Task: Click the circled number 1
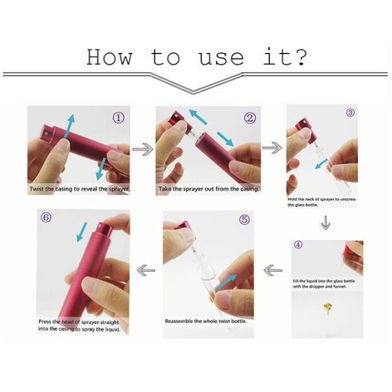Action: coord(118,118)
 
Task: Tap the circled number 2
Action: coord(250,118)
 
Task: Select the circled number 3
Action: coord(350,113)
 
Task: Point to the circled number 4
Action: coord(298,244)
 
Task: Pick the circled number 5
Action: coord(244,220)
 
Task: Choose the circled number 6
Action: coord(46,218)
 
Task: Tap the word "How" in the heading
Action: coord(108,57)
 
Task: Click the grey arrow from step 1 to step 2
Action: coord(143,149)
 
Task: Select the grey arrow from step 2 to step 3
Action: coord(272,148)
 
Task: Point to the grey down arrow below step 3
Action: coord(325,222)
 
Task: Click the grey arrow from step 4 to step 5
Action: coord(272,270)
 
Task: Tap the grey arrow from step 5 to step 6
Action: coord(146,270)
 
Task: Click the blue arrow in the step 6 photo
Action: coord(82,232)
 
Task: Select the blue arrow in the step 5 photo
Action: coord(226,282)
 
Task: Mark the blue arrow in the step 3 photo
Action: coord(321,164)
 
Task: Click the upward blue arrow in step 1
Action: coord(69,126)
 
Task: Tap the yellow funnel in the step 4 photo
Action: coord(328,306)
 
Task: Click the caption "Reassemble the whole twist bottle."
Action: coord(206,321)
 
